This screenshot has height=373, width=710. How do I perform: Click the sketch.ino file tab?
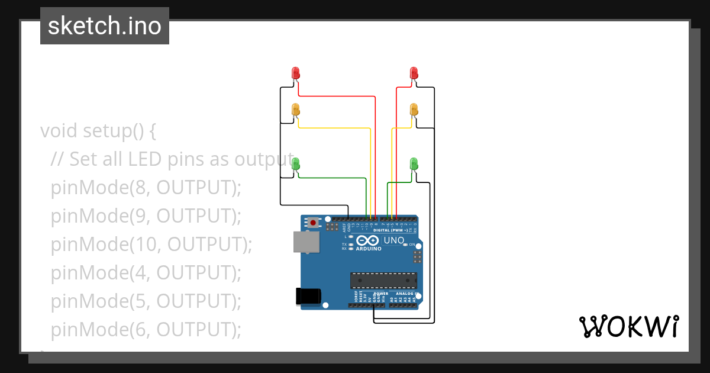(105, 26)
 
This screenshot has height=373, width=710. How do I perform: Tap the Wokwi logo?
(628, 326)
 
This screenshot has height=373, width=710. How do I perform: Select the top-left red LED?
(296, 73)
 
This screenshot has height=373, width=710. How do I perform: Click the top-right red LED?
(414, 73)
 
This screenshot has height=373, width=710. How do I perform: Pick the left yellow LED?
(296, 110)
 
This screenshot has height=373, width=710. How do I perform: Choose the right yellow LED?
(414, 110)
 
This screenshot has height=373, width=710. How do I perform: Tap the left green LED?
(296, 163)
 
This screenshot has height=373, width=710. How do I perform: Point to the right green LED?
(414, 163)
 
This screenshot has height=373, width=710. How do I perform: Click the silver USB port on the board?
(306, 242)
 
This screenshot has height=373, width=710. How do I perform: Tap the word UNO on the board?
(394, 240)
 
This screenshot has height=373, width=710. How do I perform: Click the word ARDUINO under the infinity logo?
(368, 249)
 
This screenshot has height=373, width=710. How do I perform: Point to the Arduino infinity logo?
(367, 240)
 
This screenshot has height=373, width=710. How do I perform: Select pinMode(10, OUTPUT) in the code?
(151, 244)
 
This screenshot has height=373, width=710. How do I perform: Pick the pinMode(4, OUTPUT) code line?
(146, 272)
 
